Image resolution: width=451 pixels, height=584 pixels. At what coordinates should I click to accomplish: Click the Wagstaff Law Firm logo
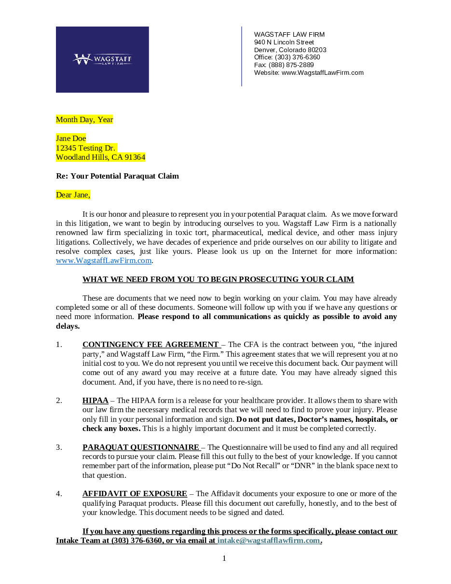click(102, 59)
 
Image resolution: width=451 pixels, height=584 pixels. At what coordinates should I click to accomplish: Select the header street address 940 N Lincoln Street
click(284, 42)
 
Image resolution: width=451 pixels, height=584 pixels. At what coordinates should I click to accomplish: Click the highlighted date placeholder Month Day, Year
click(84, 120)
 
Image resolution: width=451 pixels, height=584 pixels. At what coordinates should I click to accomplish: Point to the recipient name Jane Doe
click(71, 139)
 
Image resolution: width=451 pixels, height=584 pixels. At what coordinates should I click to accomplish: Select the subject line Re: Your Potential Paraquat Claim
click(117, 176)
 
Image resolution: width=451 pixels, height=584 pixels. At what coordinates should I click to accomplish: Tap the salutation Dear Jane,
click(73, 195)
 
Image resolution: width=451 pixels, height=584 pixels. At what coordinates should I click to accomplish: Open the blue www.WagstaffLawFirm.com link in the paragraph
click(104, 261)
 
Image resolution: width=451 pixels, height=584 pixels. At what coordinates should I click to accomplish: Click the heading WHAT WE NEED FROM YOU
click(218, 279)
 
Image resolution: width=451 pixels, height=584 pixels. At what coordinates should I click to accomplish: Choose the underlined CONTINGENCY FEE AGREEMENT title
click(150, 345)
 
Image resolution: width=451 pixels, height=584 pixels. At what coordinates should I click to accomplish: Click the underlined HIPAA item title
click(96, 401)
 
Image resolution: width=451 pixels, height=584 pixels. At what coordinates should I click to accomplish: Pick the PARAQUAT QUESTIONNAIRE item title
click(141, 447)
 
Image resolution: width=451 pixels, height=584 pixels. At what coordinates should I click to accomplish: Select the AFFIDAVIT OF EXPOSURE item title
click(135, 494)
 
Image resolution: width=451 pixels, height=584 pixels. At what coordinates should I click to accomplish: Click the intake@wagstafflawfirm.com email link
click(269, 541)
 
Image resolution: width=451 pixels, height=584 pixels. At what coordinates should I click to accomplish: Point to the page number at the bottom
click(224, 558)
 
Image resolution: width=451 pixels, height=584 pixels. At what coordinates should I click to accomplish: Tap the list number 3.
click(59, 447)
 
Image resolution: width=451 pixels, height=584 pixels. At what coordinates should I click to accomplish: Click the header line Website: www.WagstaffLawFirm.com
click(309, 73)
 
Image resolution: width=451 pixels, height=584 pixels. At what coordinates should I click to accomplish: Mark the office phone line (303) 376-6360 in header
click(287, 57)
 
